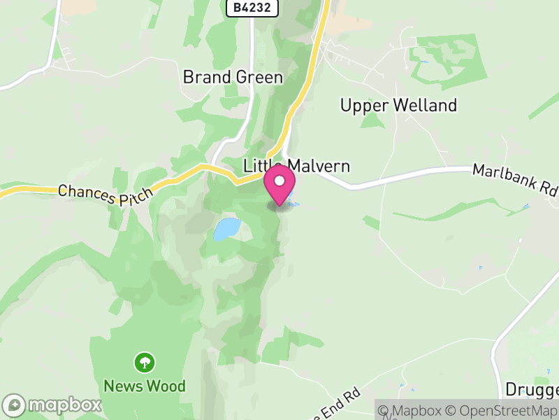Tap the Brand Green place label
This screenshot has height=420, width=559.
[x=233, y=77]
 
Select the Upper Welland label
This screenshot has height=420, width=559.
[x=398, y=106]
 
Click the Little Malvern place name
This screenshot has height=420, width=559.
[x=296, y=166]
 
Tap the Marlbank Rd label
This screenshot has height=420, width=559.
[x=516, y=180]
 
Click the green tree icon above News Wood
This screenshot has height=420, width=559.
[x=145, y=363]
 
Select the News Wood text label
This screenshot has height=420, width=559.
[x=145, y=386]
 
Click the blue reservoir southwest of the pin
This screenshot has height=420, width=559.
[x=227, y=228]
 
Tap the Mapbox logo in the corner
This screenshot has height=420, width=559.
[x=52, y=405]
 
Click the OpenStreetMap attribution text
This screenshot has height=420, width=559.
[x=504, y=410]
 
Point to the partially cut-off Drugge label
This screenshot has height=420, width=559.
[x=532, y=390]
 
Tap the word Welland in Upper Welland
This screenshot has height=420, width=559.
[x=425, y=106]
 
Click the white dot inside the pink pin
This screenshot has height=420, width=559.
[x=280, y=181]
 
